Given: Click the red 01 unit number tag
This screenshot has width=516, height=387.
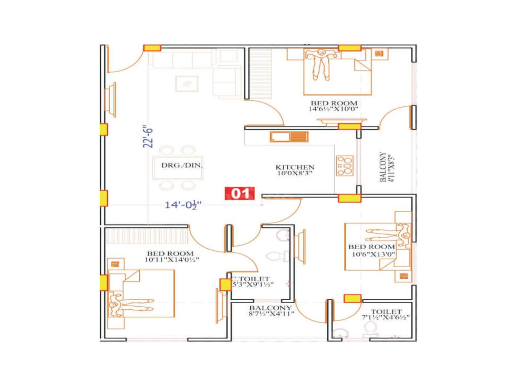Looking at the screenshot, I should (x=240, y=193).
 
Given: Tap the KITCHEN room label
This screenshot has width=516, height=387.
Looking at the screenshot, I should (x=295, y=167).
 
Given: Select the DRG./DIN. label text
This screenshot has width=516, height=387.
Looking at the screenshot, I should (x=182, y=165).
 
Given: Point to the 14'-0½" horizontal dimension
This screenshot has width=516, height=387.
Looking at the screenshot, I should (x=183, y=205).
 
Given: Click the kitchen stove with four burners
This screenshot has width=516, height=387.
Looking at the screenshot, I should (x=345, y=165).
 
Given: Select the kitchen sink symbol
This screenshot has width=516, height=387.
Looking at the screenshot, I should (x=289, y=137).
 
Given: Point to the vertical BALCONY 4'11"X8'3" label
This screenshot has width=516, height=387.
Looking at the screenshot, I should (x=387, y=167).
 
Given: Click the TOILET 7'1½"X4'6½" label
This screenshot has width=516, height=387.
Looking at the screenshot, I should (x=386, y=314).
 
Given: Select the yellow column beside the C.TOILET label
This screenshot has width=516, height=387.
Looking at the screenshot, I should (x=225, y=284).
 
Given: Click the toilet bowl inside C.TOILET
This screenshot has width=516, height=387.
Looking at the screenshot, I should (x=274, y=256).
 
